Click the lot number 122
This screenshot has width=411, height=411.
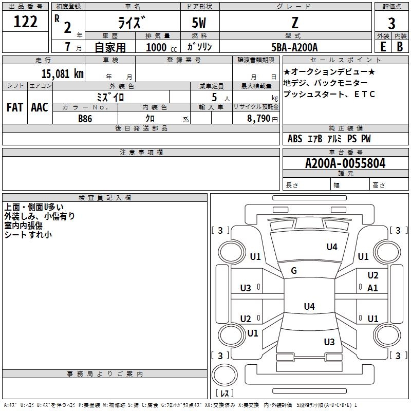[26, 22]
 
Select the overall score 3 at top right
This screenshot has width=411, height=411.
[391, 23]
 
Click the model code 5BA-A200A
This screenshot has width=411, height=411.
[294, 47]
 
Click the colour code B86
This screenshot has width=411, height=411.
[85, 118]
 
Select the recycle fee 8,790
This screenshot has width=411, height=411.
[257, 118]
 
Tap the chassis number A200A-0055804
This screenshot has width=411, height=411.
[345, 163]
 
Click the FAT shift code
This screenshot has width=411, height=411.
[14, 107]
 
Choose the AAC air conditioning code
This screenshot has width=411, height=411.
[39, 107]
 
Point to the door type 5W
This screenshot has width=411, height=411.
[199, 23]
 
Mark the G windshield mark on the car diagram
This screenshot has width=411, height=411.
[294, 270]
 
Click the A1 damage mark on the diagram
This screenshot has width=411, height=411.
[372, 288]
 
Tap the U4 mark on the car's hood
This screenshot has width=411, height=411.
[332, 247]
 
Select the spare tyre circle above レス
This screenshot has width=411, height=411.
[224, 373]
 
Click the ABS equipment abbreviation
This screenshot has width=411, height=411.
[295, 139]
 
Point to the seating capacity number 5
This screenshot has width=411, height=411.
[213, 97]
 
